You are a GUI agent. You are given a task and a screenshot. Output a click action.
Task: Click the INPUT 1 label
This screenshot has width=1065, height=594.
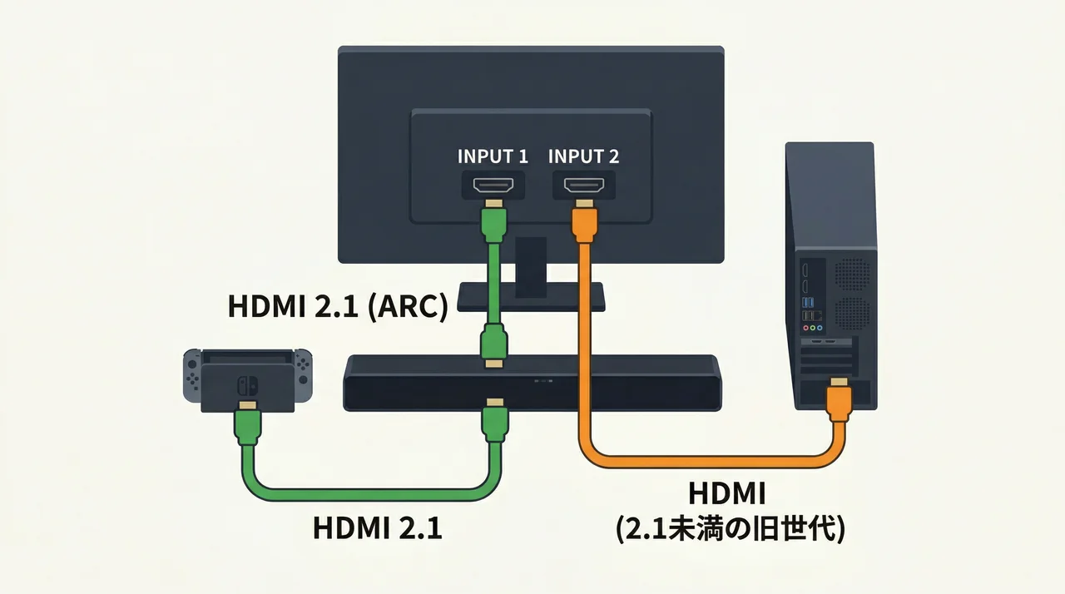[x=493, y=156]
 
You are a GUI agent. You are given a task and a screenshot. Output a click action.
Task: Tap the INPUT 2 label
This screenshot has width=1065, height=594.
[x=584, y=156]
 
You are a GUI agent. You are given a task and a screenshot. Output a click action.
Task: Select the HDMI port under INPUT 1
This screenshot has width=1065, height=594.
[x=493, y=184]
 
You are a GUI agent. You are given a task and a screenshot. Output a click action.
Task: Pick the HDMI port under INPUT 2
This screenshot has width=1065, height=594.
[x=584, y=184]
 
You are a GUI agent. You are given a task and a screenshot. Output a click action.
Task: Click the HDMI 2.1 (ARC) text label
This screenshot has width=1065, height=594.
[x=338, y=306]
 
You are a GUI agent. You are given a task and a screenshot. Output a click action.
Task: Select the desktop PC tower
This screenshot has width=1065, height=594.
[x=832, y=275]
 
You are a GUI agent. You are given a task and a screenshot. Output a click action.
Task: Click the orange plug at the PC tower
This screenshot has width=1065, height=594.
[x=839, y=403]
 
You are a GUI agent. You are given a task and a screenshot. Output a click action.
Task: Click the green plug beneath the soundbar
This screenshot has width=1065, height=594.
[x=495, y=422]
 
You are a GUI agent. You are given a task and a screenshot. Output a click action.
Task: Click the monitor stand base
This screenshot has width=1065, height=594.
[x=531, y=295]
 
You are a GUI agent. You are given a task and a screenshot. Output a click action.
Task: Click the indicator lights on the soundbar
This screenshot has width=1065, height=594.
[x=542, y=382]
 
